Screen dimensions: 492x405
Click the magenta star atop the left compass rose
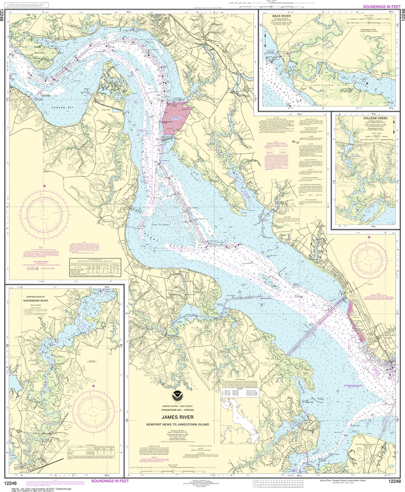(45, 185)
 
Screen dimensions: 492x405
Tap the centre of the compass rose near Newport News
(368, 259)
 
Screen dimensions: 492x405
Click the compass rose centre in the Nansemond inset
(93, 411)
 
